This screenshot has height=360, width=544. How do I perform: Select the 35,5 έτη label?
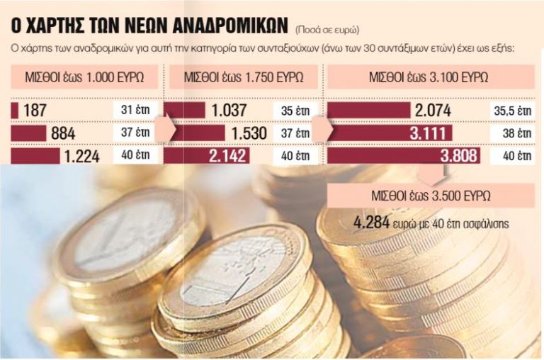pos(512,111)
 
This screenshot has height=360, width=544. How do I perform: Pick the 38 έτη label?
pos(512,133)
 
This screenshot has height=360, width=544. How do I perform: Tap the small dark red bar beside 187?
pos(15,111)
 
